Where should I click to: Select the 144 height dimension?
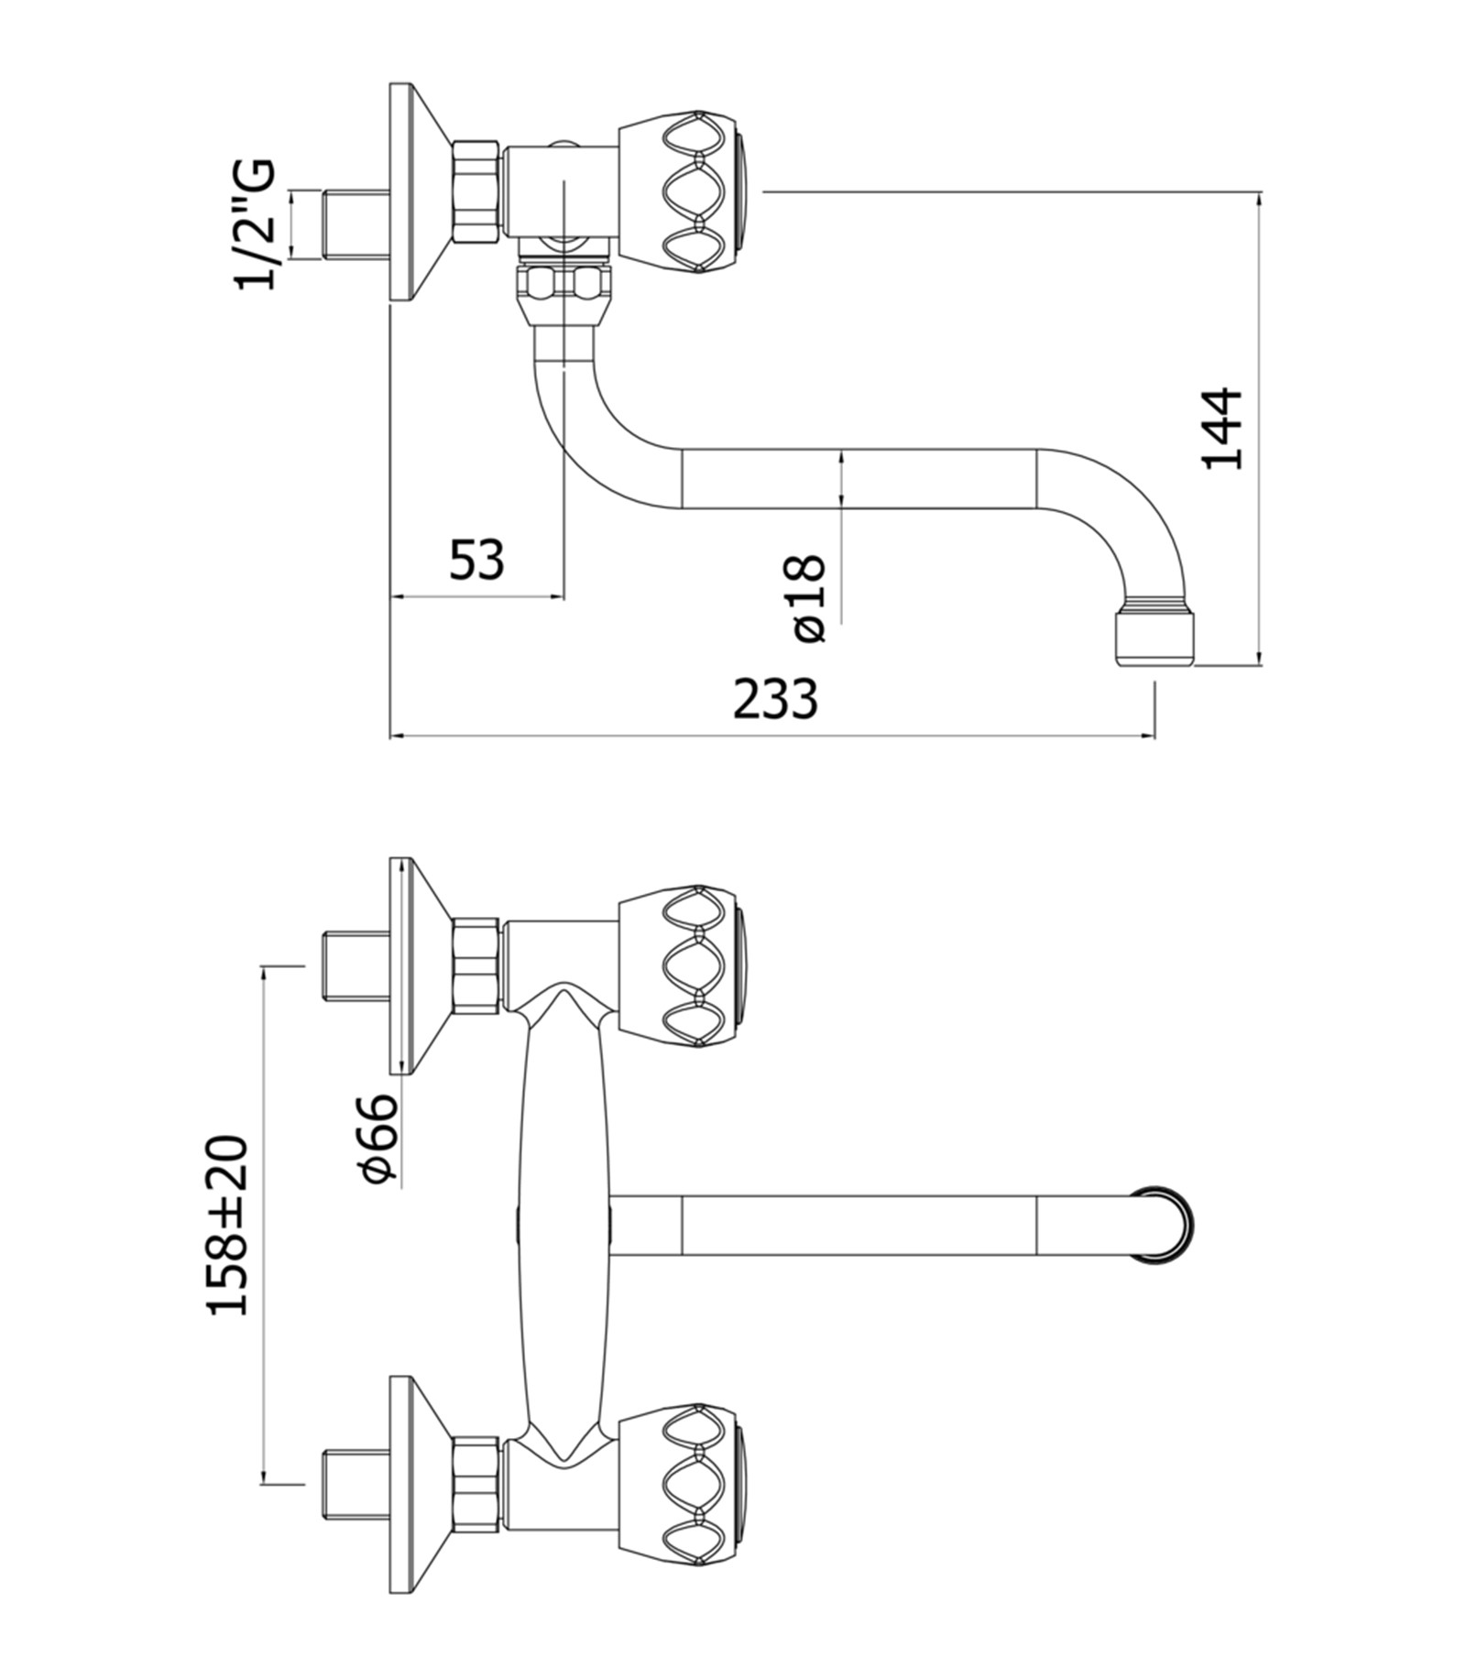click(x=1222, y=429)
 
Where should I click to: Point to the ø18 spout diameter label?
click(x=806, y=597)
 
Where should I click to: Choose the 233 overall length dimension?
click(x=774, y=699)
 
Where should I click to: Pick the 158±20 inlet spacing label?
click(x=226, y=1226)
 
